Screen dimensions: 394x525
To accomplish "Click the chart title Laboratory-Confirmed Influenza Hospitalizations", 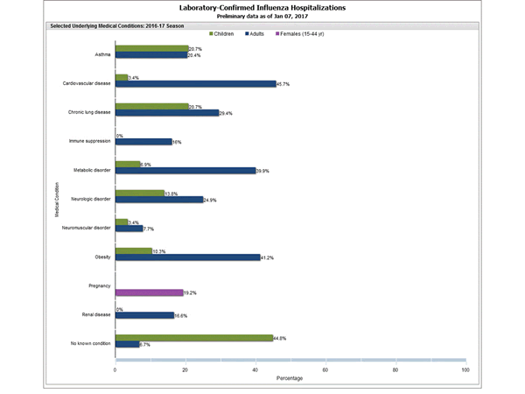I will tap(262, 7).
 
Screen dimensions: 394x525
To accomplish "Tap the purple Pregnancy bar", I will tap(149, 292).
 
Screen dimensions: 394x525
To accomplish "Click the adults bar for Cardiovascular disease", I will tap(195, 84).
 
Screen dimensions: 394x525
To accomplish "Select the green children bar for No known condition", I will tap(193, 337).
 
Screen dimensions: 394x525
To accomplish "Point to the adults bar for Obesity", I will tap(187, 257).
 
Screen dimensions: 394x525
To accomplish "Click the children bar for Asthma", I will tap(151, 48).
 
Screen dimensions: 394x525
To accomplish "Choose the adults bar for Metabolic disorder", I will tap(185, 171).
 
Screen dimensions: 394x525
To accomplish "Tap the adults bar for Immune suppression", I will tap(143, 141).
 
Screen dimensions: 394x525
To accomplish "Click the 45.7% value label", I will tap(284, 84).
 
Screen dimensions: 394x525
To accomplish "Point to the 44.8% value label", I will tap(281, 337).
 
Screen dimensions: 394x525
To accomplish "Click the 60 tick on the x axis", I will tap(325, 369).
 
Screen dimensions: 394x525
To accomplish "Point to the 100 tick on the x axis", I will tap(465, 369).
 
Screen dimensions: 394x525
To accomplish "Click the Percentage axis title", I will tap(290, 379).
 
